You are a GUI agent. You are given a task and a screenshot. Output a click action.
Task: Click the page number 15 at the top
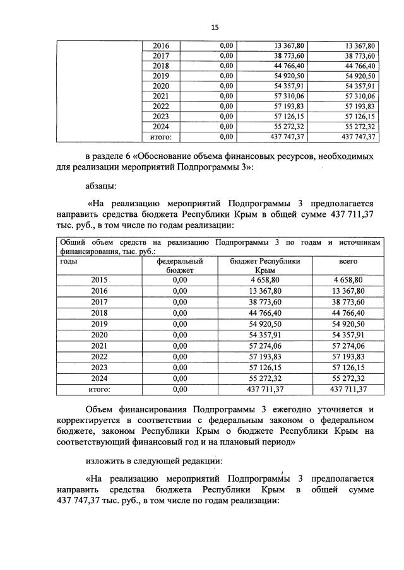point(215,28)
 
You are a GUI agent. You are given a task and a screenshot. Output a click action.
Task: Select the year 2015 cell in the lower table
point(99,279)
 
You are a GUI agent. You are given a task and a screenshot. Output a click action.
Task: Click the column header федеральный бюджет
point(180,264)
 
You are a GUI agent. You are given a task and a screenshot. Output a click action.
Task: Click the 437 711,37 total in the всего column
point(348,389)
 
